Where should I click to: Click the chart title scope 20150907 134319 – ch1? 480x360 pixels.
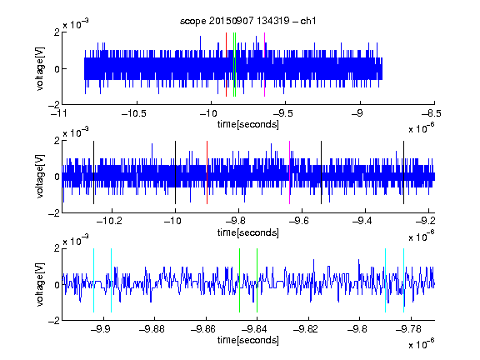coord(247,21)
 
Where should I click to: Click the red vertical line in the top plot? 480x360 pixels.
coord(226,65)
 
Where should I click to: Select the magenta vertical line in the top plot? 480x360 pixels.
coord(264,65)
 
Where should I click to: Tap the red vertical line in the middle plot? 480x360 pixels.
coord(207,172)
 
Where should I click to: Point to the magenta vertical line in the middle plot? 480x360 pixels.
coord(290,172)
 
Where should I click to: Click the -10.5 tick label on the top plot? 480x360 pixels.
coord(134,113)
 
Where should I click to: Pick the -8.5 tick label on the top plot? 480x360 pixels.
coord(432,113)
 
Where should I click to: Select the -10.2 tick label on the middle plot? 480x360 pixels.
coord(109,221)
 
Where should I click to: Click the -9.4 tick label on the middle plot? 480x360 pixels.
coord(362,221)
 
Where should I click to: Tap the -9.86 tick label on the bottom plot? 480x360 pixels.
coord(203,329)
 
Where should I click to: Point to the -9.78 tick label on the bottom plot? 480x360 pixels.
coord(408,329)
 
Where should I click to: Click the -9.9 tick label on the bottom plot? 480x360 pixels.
coord(101,329)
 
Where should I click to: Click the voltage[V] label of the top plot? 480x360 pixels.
coord(40,68)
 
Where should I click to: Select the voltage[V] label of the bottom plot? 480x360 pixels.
coord(40,284)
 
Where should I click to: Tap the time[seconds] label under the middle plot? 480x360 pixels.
coord(248,232)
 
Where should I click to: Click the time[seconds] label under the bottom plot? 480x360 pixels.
coord(248,340)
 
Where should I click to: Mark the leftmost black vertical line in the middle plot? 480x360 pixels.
coord(93,172)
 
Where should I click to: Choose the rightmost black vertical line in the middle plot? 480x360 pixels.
coord(403,172)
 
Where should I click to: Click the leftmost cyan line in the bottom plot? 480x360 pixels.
coord(93,280)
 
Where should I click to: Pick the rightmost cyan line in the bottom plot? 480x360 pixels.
coord(403,280)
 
